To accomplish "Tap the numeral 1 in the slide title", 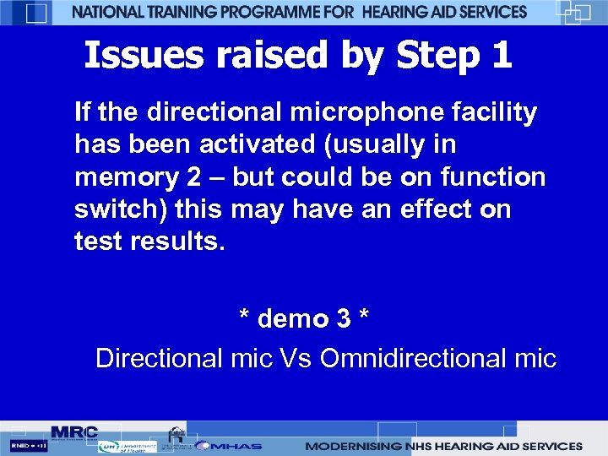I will pyautogui.click(x=502, y=56).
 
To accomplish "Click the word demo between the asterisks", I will pyautogui.click(x=293, y=319).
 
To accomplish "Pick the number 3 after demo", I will pyautogui.click(x=344, y=319).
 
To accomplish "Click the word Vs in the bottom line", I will pyautogui.click(x=296, y=358).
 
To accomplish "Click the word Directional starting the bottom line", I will pyautogui.click(x=160, y=358).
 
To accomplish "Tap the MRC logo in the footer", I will pyautogui.click(x=74, y=432).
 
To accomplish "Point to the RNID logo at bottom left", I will pyautogui.click(x=28, y=445).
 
